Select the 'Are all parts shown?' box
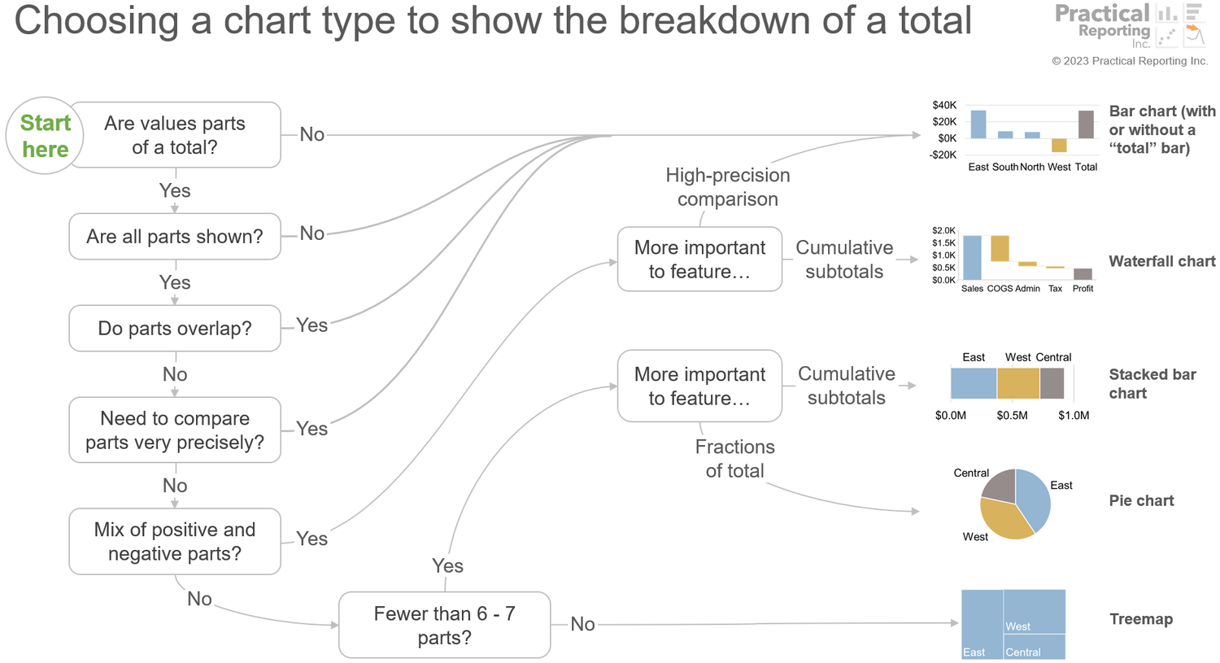click(x=175, y=237)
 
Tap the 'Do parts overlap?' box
click(x=175, y=328)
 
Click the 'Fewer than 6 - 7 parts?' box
click(x=444, y=625)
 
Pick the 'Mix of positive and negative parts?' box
click(x=175, y=541)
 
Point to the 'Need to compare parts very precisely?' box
click(x=175, y=430)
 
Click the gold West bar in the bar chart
click(x=1059, y=146)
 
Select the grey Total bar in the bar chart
click(x=1086, y=124)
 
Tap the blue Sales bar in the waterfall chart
click(x=972, y=258)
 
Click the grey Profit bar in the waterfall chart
click(x=1083, y=274)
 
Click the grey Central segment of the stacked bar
click(x=1052, y=383)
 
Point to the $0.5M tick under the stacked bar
click(x=1012, y=416)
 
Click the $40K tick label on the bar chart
click(x=944, y=105)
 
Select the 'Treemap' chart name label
click(x=1141, y=619)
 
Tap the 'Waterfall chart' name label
click(x=1161, y=261)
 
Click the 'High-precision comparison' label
click(x=728, y=187)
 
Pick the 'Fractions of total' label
click(x=734, y=459)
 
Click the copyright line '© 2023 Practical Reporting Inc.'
click(x=1130, y=61)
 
